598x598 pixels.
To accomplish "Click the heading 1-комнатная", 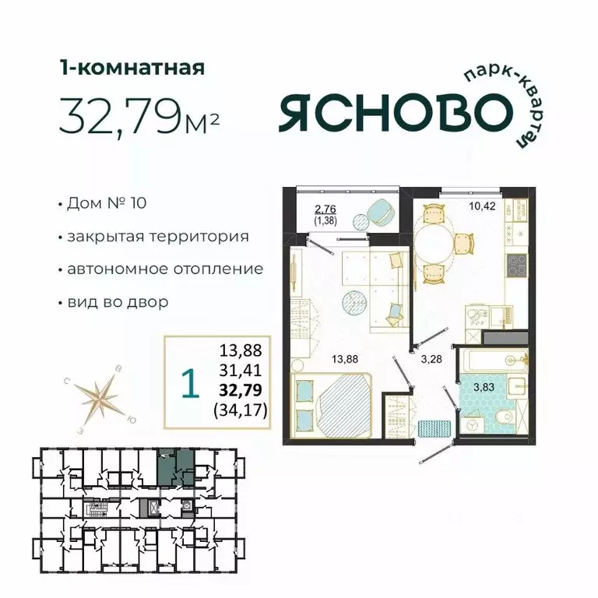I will pos(132,69).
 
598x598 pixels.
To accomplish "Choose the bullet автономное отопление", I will pos(164,269).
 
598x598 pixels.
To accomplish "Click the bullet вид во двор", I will pos(117,301).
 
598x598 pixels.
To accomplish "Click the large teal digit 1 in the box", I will pos(187,382).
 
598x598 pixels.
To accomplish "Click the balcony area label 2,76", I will pos(325,209).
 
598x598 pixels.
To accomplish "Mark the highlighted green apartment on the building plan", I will pos(176,469).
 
